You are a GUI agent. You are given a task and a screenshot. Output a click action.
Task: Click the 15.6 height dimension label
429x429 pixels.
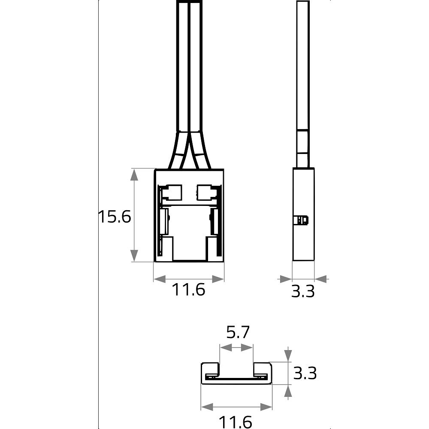click(115, 217)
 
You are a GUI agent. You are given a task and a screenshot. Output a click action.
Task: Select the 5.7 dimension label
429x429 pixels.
click(238, 332)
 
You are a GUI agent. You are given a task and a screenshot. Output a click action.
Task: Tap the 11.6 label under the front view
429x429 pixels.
click(188, 290)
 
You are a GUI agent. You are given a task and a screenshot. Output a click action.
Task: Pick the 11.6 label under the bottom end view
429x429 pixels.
click(235, 422)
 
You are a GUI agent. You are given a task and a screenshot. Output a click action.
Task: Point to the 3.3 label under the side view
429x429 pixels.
click(303, 291)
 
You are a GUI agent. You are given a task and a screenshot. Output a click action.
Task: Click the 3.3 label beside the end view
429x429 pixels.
click(305, 373)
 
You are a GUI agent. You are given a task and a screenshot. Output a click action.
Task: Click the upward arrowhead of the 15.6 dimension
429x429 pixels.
click(134, 175)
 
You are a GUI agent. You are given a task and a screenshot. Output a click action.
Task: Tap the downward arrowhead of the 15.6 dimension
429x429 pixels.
click(134, 256)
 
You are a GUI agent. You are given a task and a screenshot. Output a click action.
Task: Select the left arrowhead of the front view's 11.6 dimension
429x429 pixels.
click(160, 279)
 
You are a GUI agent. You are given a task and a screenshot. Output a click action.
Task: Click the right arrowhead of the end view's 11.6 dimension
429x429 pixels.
click(266, 407)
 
